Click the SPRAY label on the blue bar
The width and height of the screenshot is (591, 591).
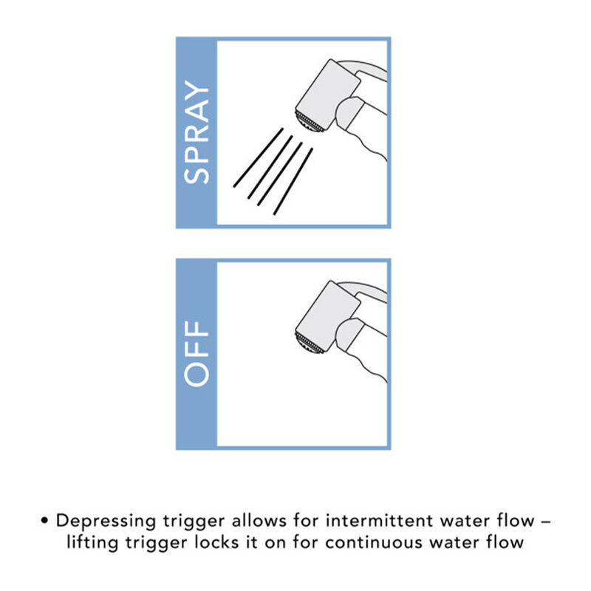(x=197, y=132)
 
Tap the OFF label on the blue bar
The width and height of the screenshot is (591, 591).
(x=197, y=354)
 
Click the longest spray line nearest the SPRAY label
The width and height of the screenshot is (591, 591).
(x=258, y=157)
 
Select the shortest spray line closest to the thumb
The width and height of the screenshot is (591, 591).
(x=293, y=181)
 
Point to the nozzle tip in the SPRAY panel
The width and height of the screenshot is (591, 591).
(x=308, y=121)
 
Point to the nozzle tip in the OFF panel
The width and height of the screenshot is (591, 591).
(x=308, y=343)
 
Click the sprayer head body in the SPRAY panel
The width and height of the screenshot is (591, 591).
(x=328, y=95)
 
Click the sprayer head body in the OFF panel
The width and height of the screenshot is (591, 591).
(x=328, y=316)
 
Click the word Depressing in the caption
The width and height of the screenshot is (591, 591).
(x=106, y=522)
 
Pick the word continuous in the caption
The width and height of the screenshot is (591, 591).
(x=374, y=543)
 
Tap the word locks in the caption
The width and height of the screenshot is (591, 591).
(x=216, y=542)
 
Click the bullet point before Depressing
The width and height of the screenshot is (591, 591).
(x=45, y=521)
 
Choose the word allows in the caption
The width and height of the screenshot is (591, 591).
(x=259, y=521)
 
